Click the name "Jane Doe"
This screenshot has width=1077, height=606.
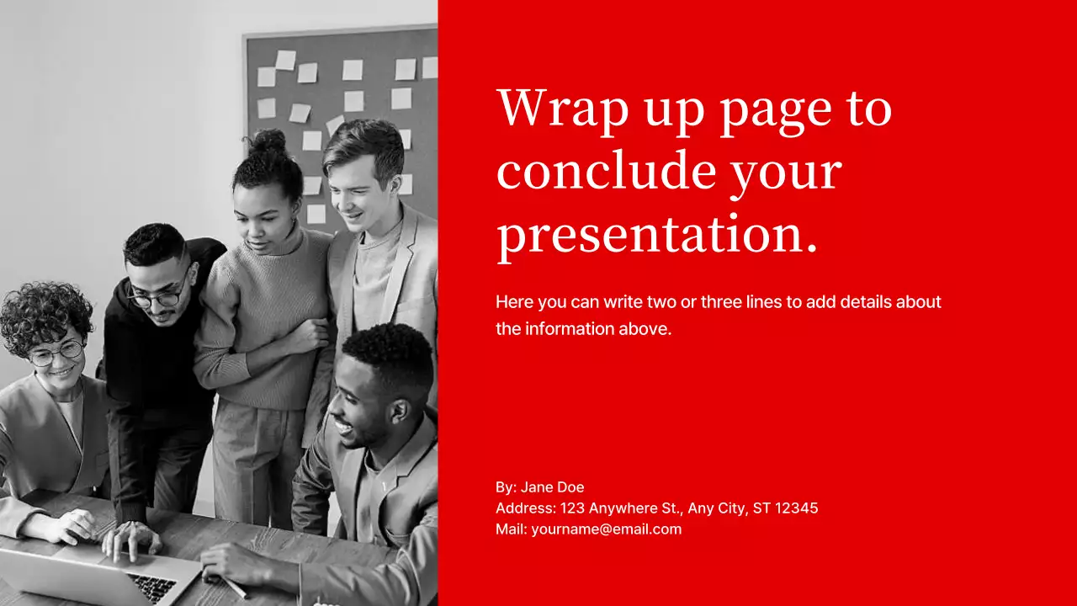552,487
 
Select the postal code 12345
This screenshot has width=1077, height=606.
796,508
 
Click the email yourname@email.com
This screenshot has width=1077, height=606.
606,529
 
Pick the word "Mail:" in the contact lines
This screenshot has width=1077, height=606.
511,529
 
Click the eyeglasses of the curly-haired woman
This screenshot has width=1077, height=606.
56,353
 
